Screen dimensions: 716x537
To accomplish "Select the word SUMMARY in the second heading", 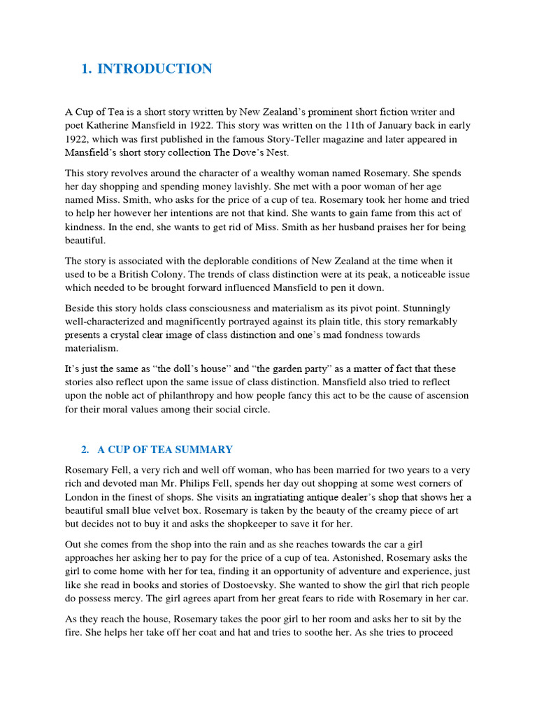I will coord(206,450).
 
